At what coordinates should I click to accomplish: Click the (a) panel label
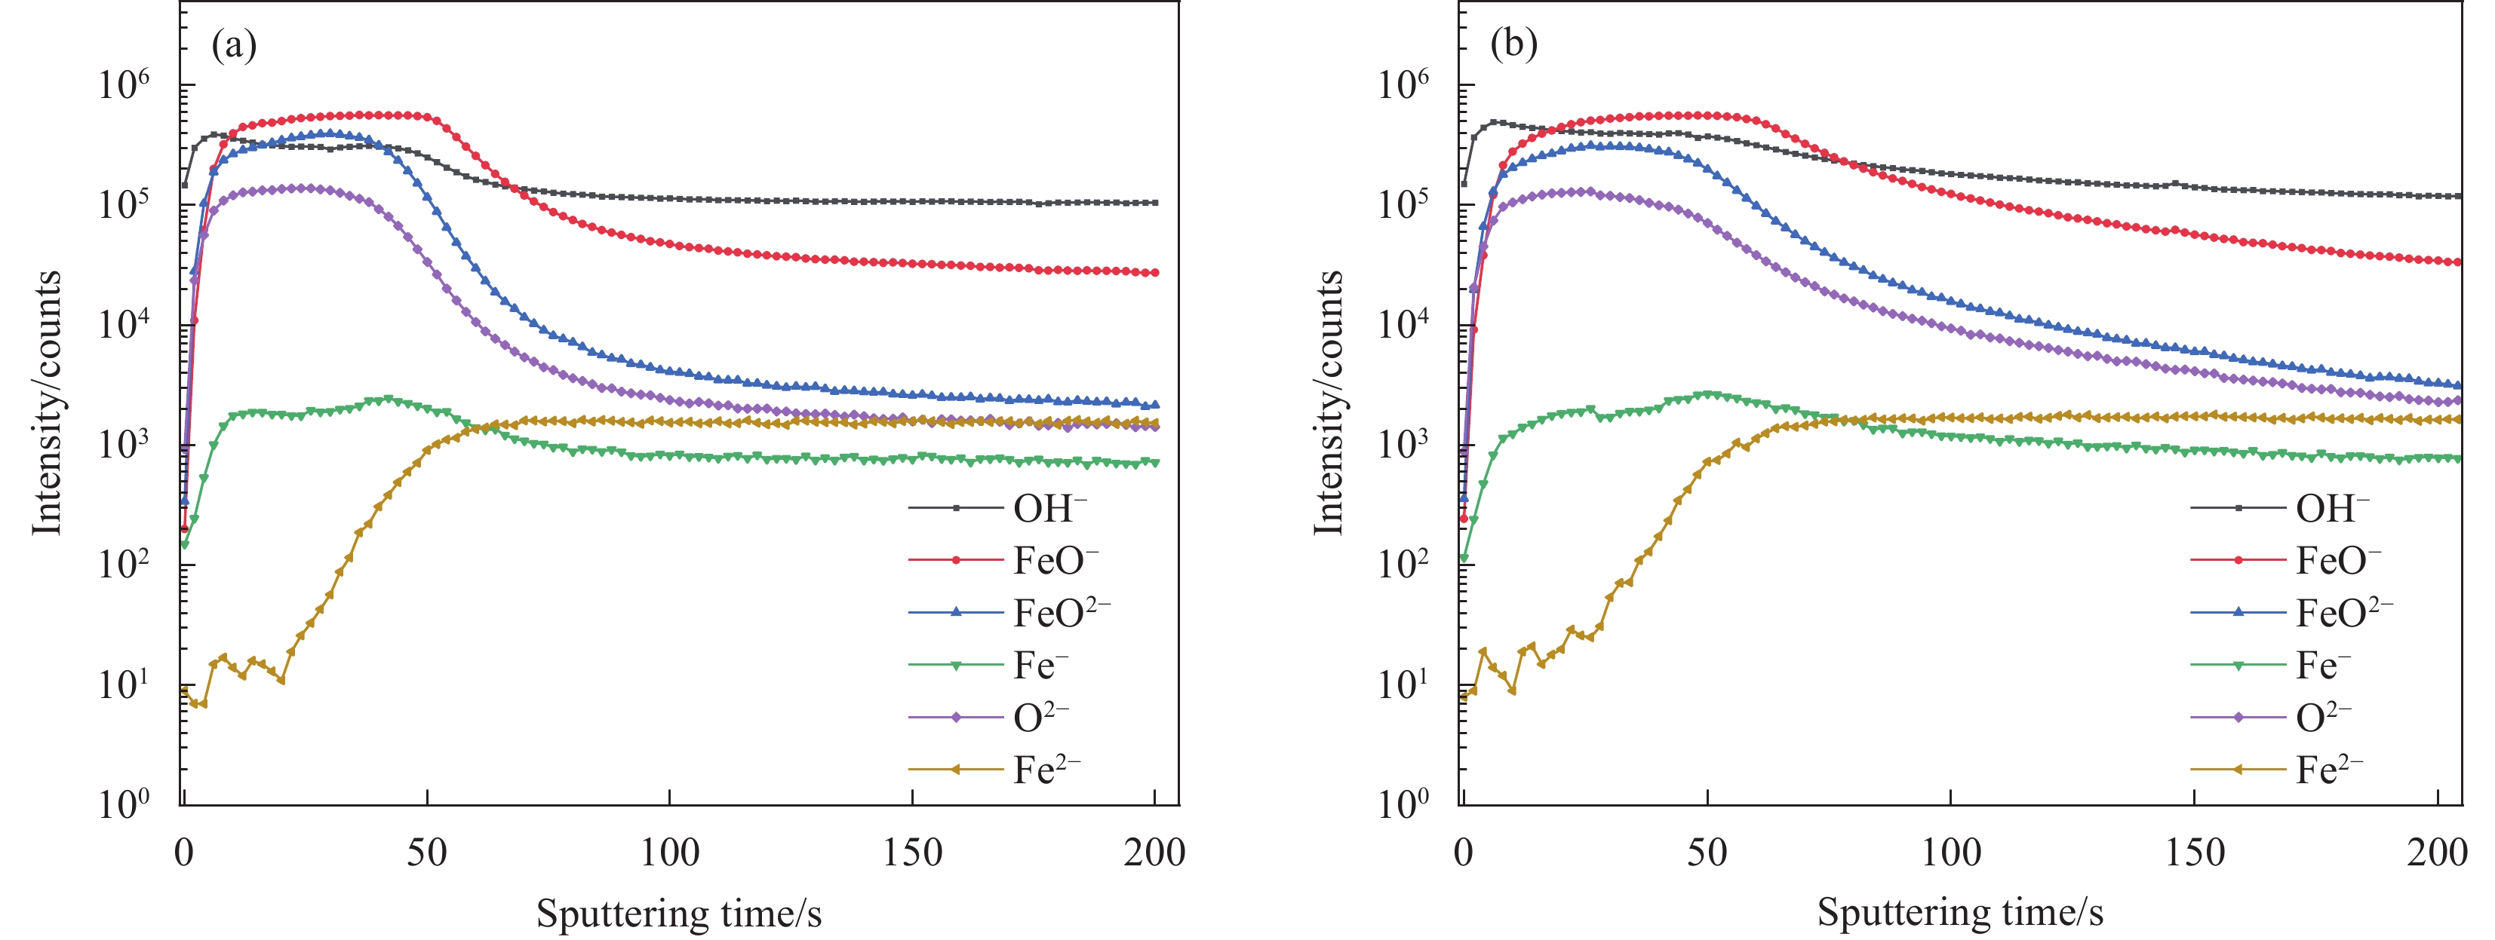233,45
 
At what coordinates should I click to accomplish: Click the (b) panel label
1514,45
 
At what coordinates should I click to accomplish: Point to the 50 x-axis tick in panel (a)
427,852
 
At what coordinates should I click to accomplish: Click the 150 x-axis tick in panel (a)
912,852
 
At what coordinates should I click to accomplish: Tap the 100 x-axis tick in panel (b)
1951,852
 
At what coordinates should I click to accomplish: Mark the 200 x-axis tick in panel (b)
2437,852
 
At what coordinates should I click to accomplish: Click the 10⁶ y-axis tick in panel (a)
124,85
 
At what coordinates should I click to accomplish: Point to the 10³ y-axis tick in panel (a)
124,444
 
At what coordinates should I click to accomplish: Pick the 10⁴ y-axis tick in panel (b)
1403,324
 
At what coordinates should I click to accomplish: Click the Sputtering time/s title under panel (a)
679,913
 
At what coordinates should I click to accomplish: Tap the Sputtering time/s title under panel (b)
1959,913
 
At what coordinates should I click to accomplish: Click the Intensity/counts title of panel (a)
47,402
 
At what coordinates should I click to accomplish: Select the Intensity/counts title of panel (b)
1328,402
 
